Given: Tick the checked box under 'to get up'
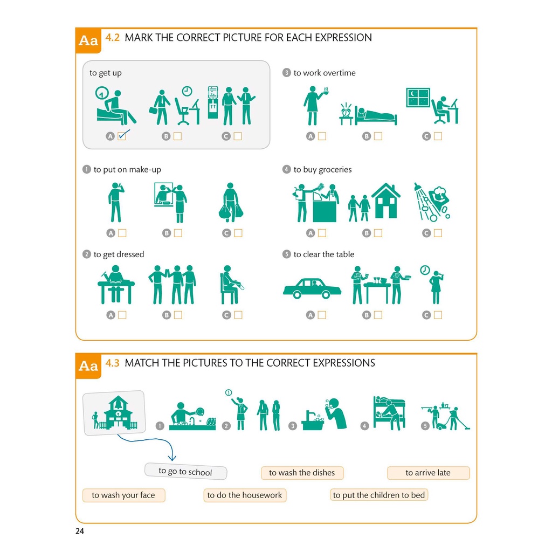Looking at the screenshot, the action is point(122,136).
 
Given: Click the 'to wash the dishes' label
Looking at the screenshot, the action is point(302,473).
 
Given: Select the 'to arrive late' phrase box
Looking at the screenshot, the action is point(428,473).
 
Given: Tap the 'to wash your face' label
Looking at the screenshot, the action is point(123,495).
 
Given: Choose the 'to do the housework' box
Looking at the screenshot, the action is point(245,495).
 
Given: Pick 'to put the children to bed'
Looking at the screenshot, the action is point(379,495).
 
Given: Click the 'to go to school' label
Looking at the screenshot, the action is point(185,471).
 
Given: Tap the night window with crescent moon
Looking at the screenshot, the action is point(418,97).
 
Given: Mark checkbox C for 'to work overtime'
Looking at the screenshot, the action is point(438,136).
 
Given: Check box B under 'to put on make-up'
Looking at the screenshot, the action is point(178,233).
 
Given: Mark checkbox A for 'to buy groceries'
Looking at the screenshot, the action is point(322,233).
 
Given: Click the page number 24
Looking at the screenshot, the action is point(80,531).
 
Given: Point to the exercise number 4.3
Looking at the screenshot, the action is point(112,363).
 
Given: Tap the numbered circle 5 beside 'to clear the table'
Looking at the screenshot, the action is point(287,254).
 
